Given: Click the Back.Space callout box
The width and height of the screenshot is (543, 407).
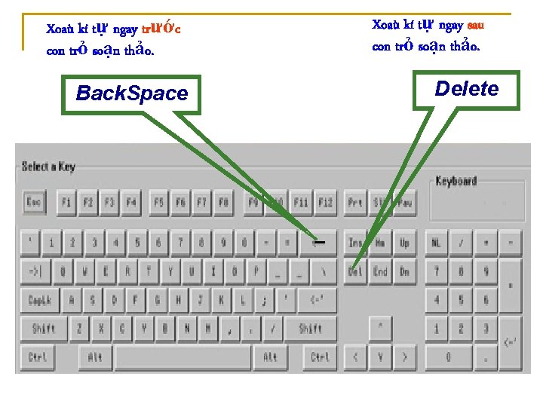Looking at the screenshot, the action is point(131,93).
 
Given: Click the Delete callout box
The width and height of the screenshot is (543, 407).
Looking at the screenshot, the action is point(467,90).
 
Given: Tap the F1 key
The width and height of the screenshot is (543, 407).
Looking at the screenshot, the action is point(66,202).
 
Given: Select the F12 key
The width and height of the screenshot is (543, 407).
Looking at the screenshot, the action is point(325,202).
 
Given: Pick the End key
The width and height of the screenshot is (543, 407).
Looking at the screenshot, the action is point(380,271).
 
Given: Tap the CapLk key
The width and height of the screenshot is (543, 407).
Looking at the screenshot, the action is point(40,300).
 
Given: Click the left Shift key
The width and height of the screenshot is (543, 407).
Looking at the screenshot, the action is point(44,329).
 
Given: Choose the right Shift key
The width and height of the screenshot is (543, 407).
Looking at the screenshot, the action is point(311,329).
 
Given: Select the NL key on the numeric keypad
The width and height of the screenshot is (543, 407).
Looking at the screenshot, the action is point(437,243).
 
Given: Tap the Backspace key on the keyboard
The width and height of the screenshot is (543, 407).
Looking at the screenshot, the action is point(318,243).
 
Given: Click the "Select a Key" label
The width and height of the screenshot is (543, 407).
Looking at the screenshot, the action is point(48,167).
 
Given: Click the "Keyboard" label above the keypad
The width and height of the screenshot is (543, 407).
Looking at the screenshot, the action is point(456,181).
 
